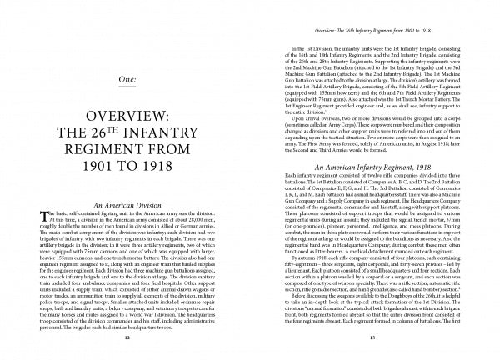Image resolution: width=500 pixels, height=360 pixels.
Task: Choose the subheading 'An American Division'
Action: click(x=123, y=248)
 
